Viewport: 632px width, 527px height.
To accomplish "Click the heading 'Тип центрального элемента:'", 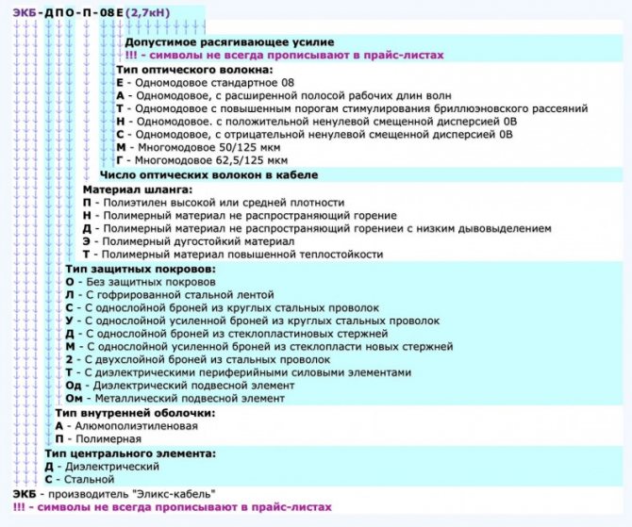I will (117, 453).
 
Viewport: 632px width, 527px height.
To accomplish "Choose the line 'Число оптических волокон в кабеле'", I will (208, 175).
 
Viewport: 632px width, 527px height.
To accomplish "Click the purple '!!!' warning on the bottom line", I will (20, 507).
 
